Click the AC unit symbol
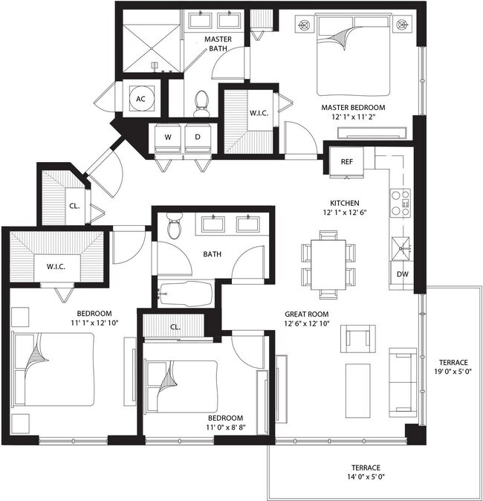point(140,97)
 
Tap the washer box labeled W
point(167,137)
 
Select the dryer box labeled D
point(198,137)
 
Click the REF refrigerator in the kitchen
point(346,162)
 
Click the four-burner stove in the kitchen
point(401,202)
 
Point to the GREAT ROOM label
point(306,314)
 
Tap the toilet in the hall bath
point(174,225)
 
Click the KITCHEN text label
point(345,203)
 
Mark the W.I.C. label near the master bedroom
point(259,114)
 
